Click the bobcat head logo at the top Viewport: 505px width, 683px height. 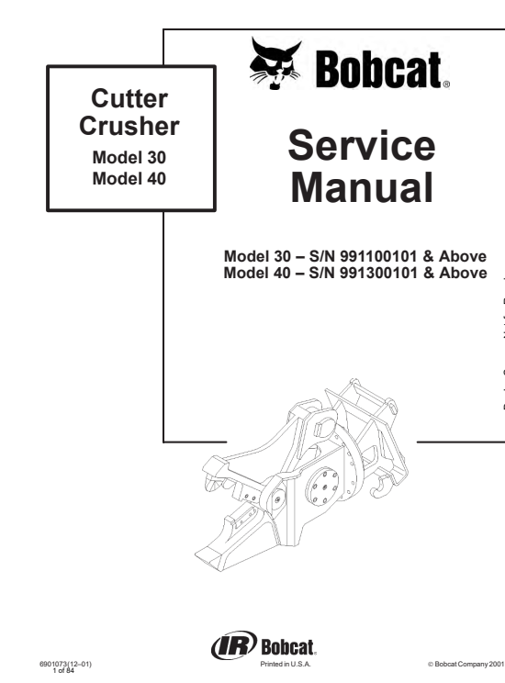(x=275, y=63)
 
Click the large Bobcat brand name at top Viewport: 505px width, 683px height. (x=378, y=70)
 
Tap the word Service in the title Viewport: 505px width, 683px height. (x=362, y=145)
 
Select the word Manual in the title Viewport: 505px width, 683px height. (x=362, y=187)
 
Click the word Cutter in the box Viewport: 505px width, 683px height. (x=129, y=98)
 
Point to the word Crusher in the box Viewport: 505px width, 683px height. (x=129, y=126)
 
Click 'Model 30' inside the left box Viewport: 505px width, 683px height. (x=129, y=157)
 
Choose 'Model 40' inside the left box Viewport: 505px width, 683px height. (x=129, y=178)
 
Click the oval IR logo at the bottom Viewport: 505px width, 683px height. (x=234, y=645)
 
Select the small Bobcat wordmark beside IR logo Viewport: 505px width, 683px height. (x=287, y=646)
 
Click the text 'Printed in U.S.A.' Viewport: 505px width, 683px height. (x=286, y=665)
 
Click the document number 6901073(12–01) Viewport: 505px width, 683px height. (x=66, y=665)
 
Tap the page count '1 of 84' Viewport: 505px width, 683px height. (x=63, y=671)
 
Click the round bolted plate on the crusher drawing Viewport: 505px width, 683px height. (x=322, y=487)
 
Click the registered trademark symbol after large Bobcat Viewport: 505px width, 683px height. (x=446, y=85)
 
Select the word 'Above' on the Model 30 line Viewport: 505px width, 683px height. (x=463, y=256)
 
